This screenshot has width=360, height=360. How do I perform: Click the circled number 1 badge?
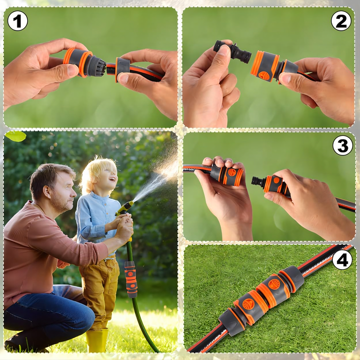[x=18, y=21]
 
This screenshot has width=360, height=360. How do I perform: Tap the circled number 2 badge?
[x=341, y=21]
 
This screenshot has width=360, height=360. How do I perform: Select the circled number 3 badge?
[x=343, y=145]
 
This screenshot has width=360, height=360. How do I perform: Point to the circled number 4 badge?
[x=342, y=260]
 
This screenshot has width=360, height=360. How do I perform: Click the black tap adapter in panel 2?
[x=232, y=52]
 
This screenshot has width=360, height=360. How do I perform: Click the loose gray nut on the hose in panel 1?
[x=122, y=68]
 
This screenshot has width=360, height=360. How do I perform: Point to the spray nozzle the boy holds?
[x=125, y=207]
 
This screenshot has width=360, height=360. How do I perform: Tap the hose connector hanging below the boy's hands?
[x=131, y=279]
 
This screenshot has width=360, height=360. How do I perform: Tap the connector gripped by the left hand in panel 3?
[x=226, y=175]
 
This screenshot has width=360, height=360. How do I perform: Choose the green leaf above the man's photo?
[x=16, y=136]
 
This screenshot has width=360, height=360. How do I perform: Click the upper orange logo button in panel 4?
[x=274, y=284]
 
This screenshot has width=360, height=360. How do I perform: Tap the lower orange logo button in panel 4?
[x=248, y=304]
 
